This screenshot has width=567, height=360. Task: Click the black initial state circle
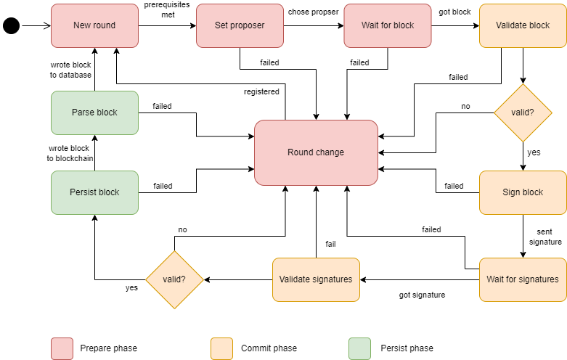coord(12,26)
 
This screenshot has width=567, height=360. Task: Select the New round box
coord(94,25)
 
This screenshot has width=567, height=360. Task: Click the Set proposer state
coord(240,25)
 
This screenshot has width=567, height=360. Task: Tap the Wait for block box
coord(388,25)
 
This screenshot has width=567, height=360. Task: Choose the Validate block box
coord(523,25)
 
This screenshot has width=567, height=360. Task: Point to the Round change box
coord(316,152)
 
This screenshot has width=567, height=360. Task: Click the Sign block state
coord(523,192)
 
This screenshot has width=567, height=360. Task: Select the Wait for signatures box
coord(523,279)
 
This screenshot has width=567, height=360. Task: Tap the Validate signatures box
coord(316,279)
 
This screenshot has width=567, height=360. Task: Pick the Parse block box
coord(94,112)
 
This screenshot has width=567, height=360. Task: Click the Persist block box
coord(94,192)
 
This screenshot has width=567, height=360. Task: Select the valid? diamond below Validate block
coord(523,112)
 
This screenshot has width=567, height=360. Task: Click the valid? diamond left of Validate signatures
coord(174,279)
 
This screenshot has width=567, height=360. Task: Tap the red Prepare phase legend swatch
coord(62,348)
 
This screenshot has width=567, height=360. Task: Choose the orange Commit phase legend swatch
coord(221,348)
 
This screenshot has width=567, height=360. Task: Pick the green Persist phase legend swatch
coord(359,348)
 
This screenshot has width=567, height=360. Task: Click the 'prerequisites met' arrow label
coord(168,10)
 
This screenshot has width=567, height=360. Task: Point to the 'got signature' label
coord(422,295)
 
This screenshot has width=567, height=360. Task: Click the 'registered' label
coord(261,91)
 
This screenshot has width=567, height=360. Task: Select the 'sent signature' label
coord(549,237)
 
